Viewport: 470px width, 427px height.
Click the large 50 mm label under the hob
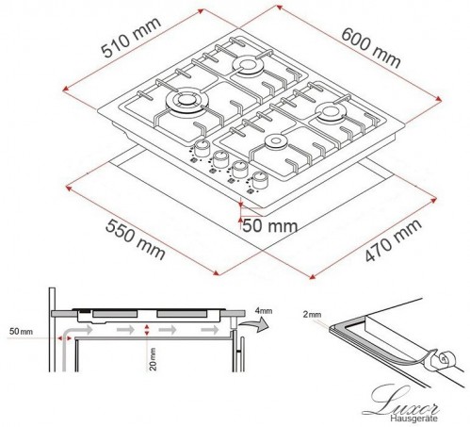point(269,226)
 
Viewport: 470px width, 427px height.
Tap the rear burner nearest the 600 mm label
point(250,66)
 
